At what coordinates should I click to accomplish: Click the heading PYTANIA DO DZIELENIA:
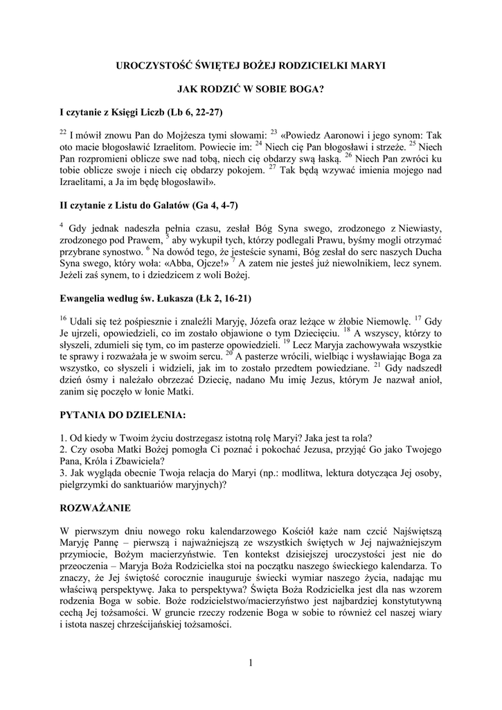(123, 416)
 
